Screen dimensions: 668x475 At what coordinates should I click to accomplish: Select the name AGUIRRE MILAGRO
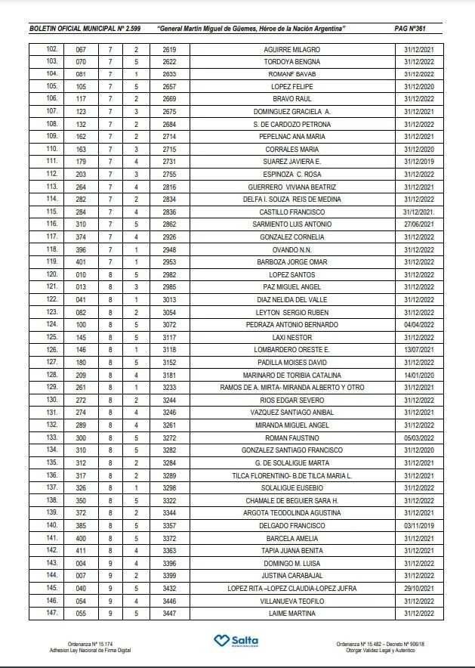[291, 48]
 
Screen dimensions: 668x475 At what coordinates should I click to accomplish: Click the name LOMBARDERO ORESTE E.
[291, 350]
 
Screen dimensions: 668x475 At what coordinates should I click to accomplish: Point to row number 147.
[52, 613]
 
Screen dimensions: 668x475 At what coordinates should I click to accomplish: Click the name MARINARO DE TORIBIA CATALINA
[291, 375]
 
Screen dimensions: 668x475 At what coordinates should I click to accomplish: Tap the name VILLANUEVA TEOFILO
[291, 601]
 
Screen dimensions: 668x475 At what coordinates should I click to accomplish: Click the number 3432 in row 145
[169, 588]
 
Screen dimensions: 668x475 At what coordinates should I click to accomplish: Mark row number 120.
[52, 274]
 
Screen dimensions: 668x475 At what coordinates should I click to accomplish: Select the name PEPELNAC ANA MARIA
[291, 137]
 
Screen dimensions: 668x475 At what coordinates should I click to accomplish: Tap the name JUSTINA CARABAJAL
[291, 575]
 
